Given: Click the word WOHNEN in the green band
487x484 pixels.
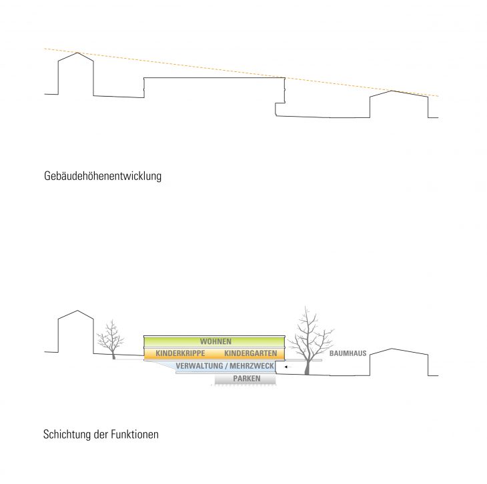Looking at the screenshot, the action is point(215,341).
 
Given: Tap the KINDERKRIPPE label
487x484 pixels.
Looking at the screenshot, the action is point(180,353).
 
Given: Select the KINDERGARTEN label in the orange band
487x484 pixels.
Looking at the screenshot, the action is point(250,353).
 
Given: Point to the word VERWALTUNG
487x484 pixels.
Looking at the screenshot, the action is point(199,366).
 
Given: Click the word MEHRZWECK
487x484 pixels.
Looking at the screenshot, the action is point(252,366).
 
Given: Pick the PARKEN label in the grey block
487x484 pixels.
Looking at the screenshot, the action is point(247,379).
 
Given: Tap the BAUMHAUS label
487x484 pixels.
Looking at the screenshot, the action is point(348,353).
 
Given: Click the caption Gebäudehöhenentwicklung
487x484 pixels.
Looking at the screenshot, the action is point(103,176).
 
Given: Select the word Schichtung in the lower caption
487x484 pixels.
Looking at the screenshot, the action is point(67,434).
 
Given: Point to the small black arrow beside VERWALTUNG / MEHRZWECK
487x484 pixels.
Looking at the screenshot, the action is point(288,367).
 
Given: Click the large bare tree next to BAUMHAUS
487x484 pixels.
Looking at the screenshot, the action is point(309,341).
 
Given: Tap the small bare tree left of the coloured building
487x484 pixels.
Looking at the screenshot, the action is point(111,339).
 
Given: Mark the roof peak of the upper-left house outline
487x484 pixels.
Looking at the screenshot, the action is point(77,53).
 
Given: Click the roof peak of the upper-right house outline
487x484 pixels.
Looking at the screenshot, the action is point(392,91).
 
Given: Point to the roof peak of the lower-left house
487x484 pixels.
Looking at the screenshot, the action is point(77,311).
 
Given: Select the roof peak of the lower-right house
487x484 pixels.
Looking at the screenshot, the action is point(392,349).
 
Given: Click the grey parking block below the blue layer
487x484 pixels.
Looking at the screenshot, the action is point(245,379).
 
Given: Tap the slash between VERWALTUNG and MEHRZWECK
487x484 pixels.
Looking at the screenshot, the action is point(226,366).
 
